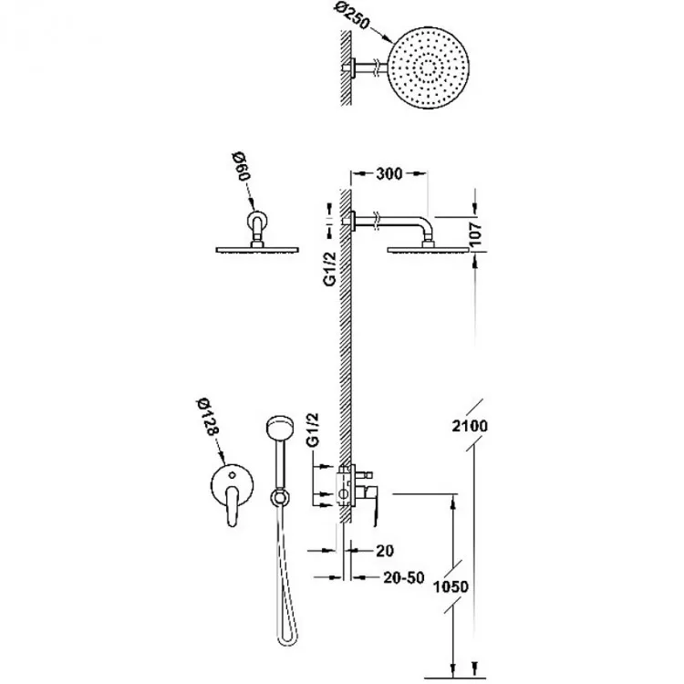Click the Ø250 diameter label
pos(353,16)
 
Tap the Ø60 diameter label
pos(241,167)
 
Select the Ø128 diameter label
pos(207,417)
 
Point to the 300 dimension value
pos(389,173)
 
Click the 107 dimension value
pos(477,234)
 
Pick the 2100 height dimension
pos(470,425)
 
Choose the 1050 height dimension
pos(451,586)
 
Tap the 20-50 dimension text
pos(404,577)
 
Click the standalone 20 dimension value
pos(384,551)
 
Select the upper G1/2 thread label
pos(330,269)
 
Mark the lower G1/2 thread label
pos(313,430)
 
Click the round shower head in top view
pos(429,68)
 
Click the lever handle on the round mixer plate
pos(233,506)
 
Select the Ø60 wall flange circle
pos(257,219)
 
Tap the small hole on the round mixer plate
pos(233,474)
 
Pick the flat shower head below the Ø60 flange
pos(257,250)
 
